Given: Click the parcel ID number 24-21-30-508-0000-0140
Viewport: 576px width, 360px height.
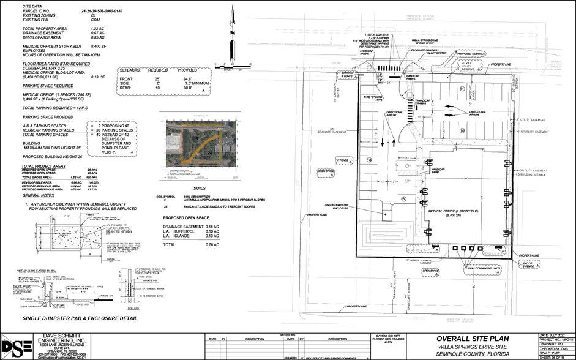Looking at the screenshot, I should coord(105,12).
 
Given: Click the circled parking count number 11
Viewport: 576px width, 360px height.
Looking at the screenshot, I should coord(463,89).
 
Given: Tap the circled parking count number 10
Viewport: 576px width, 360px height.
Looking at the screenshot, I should coord(463,130).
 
